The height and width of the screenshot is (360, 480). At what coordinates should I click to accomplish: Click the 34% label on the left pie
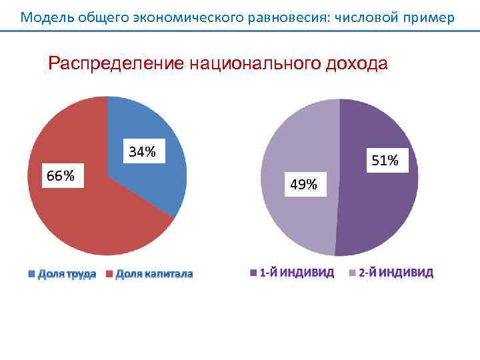tap(143, 152)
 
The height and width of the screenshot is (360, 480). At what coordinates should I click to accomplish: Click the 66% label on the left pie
tap(60, 176)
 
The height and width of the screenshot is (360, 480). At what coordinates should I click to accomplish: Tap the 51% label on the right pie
tap(385, 161)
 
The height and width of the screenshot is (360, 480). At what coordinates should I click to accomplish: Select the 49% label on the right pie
tap(303, 185)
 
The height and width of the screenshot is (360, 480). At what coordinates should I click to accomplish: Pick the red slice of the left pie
tap(87, 213)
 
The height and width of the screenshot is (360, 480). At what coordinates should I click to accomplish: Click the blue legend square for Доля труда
tap(31, 273)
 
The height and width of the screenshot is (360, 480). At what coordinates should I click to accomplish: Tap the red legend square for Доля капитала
tap(109, 273)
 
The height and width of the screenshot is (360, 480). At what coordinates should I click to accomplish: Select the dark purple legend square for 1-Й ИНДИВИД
tap(253, 272)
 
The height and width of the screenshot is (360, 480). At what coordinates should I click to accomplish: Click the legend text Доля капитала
tap(154, 273)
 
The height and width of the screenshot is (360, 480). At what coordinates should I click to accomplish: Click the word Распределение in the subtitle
tap(117, 64)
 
